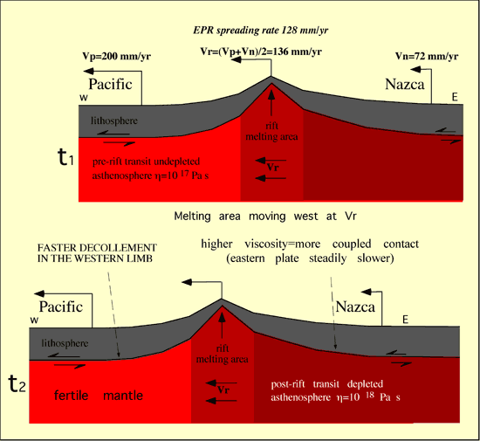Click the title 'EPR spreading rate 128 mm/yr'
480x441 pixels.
point(261,31)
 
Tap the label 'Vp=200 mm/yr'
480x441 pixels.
point(117,57)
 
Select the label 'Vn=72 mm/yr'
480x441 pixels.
point(427,56)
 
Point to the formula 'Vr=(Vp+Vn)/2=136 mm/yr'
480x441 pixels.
point(261,52)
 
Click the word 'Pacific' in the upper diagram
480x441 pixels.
point(110,84)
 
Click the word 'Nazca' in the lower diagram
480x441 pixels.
point(355,307)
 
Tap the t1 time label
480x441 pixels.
point(65,157)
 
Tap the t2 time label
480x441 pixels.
point(17,383)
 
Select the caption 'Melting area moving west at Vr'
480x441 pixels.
point(265,217)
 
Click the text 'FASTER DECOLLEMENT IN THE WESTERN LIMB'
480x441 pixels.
point(97,253)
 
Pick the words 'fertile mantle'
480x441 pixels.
point(99,396)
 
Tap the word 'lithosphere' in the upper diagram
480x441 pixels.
point(114,121)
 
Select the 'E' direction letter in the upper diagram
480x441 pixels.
point(455,97)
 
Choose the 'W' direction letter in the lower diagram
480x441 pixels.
point(34,320)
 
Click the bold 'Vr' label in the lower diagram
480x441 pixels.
point(223,389)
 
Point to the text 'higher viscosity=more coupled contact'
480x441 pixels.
point(310,245)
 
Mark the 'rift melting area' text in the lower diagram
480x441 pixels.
point(223,354)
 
